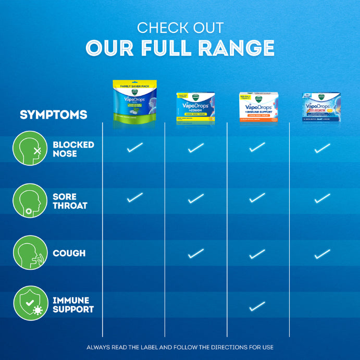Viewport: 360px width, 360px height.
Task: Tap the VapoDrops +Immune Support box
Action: pos(258,107)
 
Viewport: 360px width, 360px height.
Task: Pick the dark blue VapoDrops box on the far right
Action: pos(321,107)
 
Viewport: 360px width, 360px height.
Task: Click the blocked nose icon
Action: pos(30,148)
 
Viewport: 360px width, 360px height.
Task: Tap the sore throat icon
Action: pos(30,201)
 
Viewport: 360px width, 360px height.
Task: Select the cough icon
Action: pos(30,253)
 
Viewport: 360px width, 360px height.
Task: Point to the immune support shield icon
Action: pos(30,305)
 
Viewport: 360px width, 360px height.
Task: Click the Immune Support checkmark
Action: pos(257,306)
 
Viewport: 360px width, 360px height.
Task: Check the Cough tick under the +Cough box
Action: pos(196,253)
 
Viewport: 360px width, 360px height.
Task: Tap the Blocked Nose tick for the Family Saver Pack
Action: pos(134,148)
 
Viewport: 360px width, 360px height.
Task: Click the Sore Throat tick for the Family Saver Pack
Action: pos(134,197)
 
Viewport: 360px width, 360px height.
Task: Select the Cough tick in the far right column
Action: pos(322,253)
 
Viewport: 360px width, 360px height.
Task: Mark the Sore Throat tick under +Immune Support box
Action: pos(257,197)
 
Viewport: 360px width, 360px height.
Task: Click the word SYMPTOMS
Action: pos(53,115)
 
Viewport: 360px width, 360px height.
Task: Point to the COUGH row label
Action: pos(69,253)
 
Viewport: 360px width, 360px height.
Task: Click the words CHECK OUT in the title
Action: pos(180,27)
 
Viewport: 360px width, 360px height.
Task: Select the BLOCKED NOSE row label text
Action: pos(73,149)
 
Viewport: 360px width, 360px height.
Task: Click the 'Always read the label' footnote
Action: pos(180,347)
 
